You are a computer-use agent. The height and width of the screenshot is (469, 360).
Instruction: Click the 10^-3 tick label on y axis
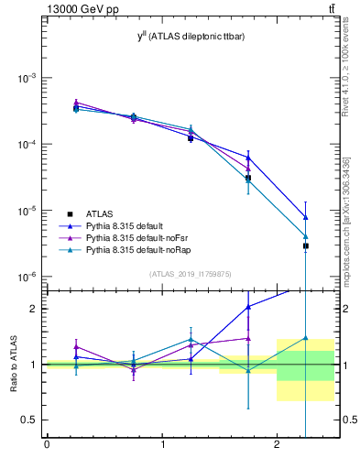click(x=27, y=79)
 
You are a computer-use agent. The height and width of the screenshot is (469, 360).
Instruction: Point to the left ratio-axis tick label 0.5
click(x=30, y=420)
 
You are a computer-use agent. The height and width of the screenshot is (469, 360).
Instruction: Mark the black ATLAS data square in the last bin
click(x=306, y=245)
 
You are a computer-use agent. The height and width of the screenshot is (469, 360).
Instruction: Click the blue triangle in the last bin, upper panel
click(x=306, y=217)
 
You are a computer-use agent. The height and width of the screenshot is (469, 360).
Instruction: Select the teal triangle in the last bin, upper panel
click(x=306, y=236)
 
